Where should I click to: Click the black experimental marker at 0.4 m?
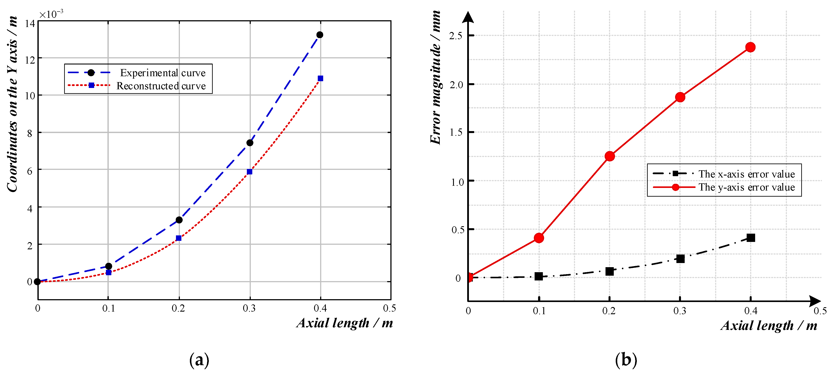(x=319, y=35)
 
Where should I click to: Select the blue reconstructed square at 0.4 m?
(x=320, y=78)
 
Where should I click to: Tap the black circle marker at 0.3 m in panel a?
(x=250, y=143)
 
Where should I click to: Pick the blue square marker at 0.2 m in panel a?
(x=179, y=238)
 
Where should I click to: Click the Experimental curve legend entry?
(x=163, y=73)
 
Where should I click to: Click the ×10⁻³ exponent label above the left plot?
(x=51, y=14)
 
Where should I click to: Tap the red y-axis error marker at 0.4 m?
(x=750, y=47)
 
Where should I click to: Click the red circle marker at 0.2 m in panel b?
(x=609, y=156)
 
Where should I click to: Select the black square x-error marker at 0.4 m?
(x=751, y=238)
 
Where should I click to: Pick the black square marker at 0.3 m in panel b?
(x=680, y=258)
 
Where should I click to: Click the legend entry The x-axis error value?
(x=746, y=174)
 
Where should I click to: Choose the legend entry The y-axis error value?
(x=746, y=187)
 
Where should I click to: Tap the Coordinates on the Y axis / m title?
(x=12, y=104)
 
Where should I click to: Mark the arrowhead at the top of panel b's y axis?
(x=468, y=17)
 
